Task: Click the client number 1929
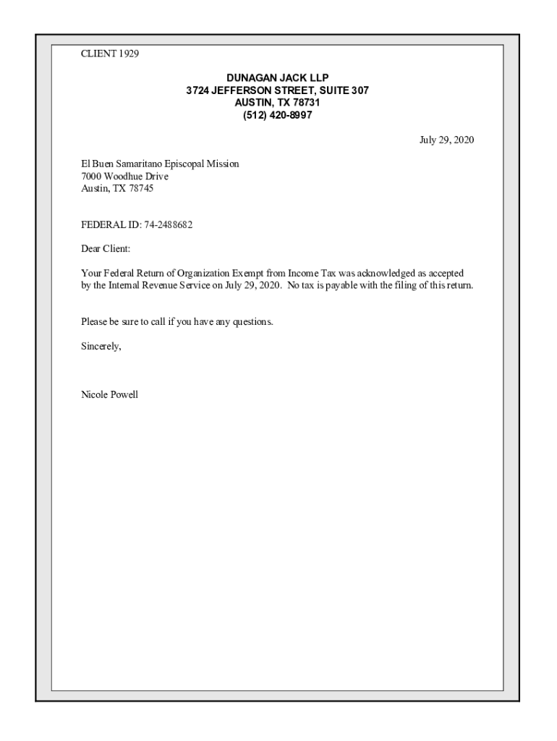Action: [128, 54]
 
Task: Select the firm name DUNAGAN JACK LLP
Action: [278, 78]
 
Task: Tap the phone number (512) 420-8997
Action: [278, 115]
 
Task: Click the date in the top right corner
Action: [447, 140]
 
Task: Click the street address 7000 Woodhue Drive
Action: [124, 177]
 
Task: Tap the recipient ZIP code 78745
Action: [141, 189]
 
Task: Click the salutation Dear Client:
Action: [106, 250]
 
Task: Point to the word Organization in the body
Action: [204, 274]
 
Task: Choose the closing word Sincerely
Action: [101, 347]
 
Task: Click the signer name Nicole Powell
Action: [109, 395]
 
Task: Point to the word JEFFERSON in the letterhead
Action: [242, 90]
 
